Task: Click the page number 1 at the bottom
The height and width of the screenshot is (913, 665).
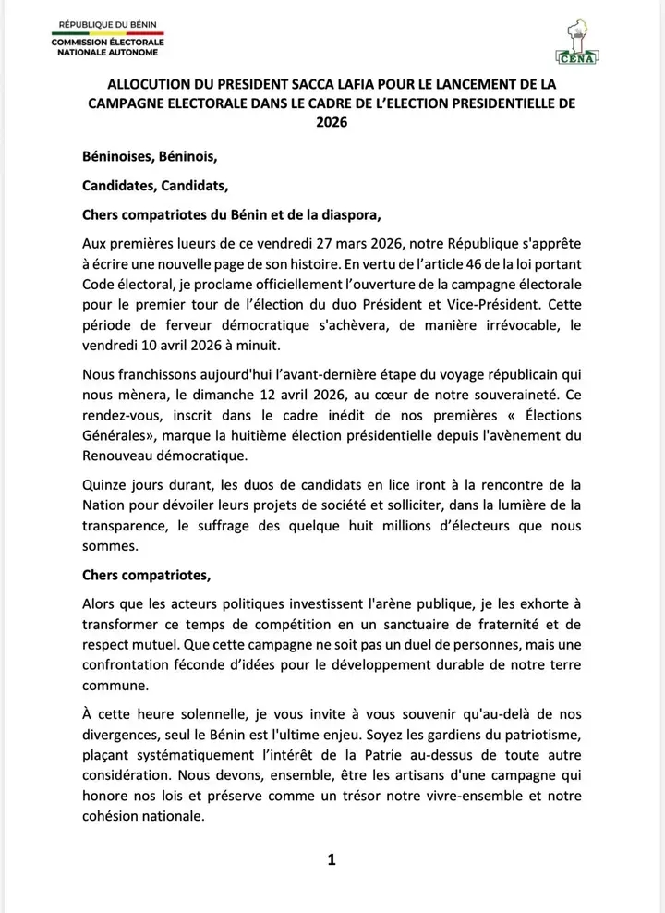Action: tap(332, 860)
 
